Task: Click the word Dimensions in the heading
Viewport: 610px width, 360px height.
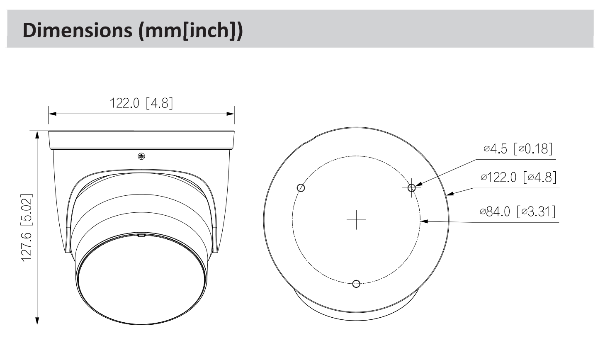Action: click(78, 30)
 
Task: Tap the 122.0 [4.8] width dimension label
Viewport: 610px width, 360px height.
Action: click(141, 103)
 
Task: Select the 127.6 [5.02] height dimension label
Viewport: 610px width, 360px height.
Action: click(27, 228)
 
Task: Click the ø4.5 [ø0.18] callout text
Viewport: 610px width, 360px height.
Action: click(518, 149)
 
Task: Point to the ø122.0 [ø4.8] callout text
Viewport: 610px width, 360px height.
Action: click(519, 177)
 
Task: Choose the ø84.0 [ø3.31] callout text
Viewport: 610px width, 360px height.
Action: click(518, 212)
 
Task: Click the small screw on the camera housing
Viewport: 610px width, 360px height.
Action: click(141, 156)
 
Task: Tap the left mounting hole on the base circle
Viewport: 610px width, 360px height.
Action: click(301, 188)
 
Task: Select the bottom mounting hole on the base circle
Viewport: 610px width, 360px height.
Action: click(356, 284)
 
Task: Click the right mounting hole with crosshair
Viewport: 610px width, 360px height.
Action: click(411, 187)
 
